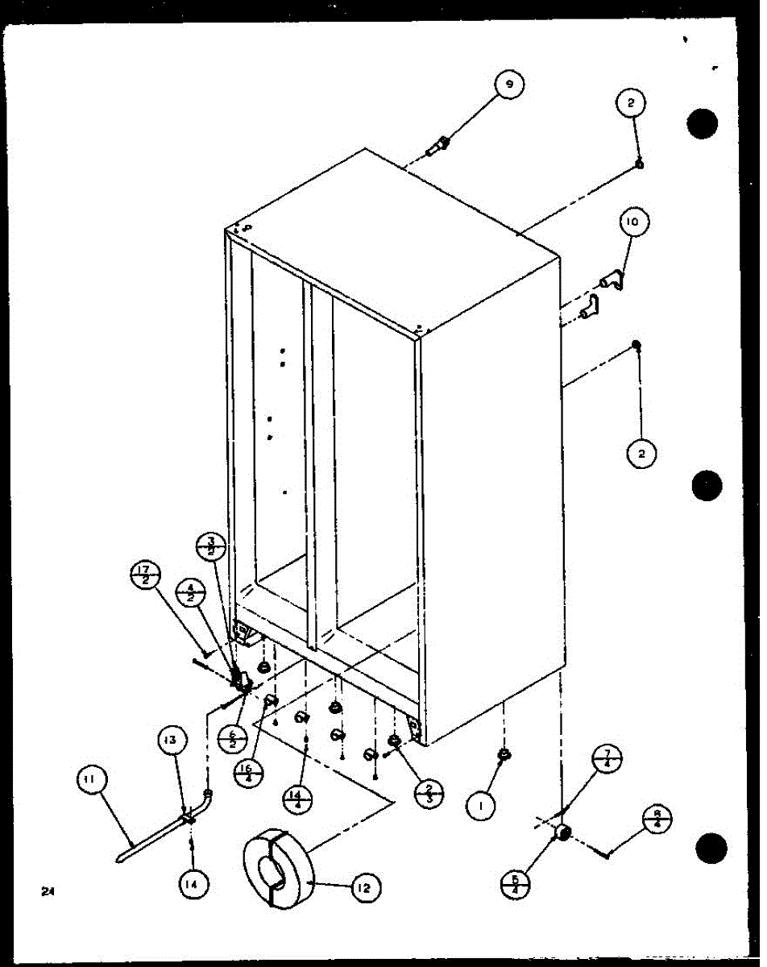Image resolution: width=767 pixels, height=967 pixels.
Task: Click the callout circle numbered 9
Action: pyautogui.click(x=509, y=84)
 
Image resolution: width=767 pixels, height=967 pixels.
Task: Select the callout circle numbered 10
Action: pyautogui.click(x=634, y=222)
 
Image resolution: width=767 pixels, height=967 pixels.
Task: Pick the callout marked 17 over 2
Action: pyautogui.click(x=146, y=577)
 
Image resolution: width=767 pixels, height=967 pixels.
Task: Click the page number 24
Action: pyautogui.click(x=49, y=891)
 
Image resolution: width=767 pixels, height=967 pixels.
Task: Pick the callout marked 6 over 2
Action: pyautogui.click(x=231, y=737)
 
